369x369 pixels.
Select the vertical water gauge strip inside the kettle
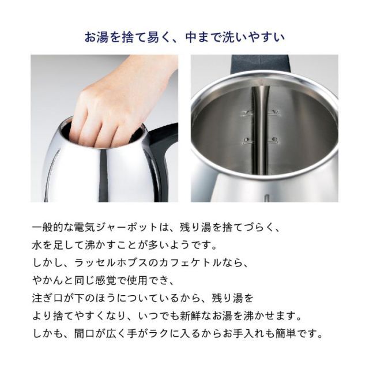point(259,133)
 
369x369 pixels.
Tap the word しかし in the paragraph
point(46,263)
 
